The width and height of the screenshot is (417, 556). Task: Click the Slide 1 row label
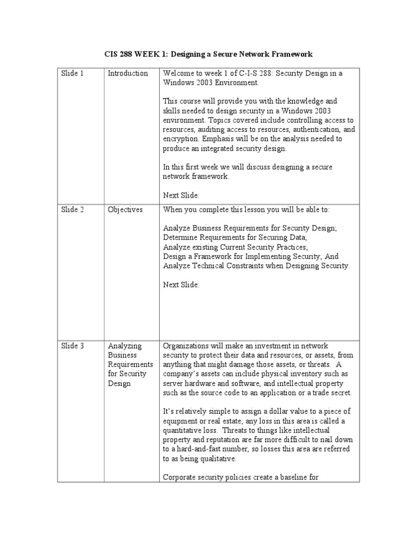pyautogui.click(x=73, y=73)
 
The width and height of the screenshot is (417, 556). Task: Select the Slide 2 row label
pyautogui.click(x=73, y=210)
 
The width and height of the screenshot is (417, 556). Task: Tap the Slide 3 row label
pyautogui.click(x=73, y=346)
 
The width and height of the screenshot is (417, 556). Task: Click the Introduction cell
pyautogui.click(x=128, y=73)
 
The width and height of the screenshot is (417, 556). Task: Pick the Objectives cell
pyautogui.click(x=125, y=210)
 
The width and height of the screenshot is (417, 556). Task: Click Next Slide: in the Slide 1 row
pyautogui.click(x=181, y=194)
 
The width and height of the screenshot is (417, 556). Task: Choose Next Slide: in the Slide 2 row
pyautogui.click(x=181, y=285)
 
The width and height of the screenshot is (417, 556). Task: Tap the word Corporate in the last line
pyautogui.click(x=180, y=478)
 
